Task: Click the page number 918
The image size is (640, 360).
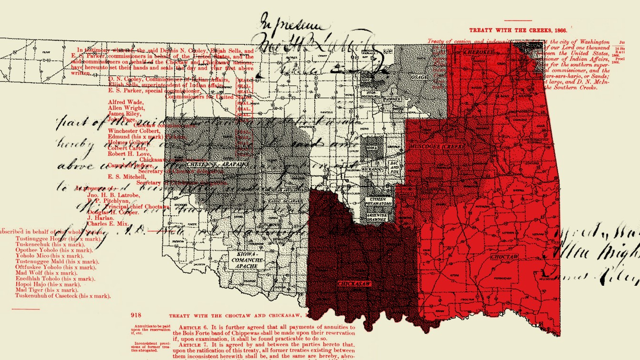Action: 136,315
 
